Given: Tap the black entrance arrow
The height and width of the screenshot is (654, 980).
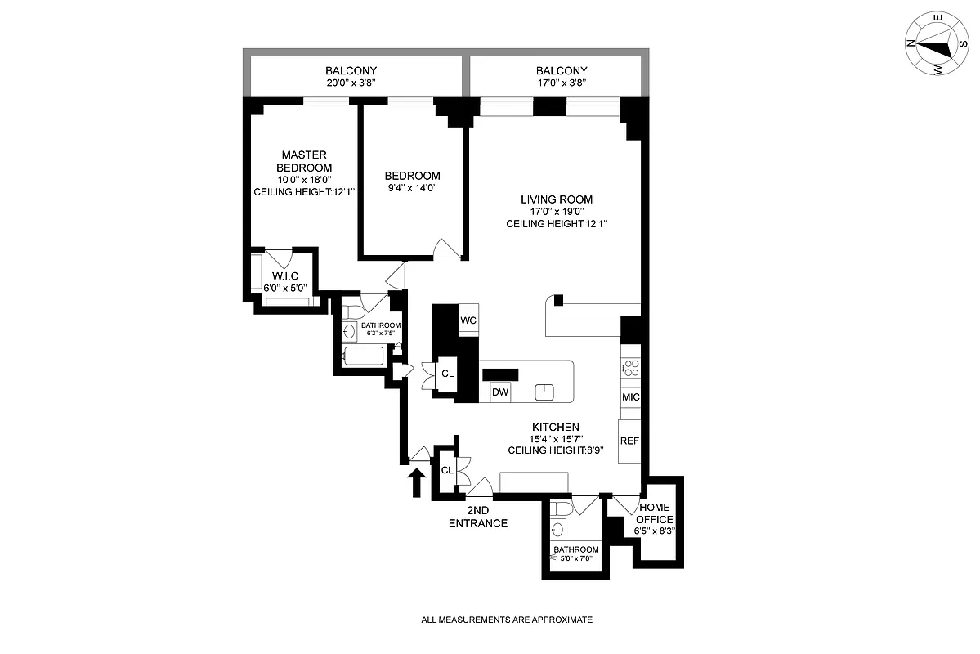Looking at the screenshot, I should tap(416, 482).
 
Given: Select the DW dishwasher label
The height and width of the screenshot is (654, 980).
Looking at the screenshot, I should tap(500, 392).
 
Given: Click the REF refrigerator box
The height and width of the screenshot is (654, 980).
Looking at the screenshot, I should tap(629, 441).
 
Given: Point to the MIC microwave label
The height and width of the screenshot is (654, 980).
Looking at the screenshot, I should tap(630, 397).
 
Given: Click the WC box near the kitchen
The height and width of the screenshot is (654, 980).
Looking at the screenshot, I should tap(468, 320).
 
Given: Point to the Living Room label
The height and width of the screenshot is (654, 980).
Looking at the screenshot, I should tap(557, 199).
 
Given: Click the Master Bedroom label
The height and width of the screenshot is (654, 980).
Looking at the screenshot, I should tap(304, 161).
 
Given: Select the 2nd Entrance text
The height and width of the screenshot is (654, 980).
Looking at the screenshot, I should tap(478, 517).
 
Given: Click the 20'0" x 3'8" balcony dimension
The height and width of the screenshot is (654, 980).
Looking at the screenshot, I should tap(351, 83).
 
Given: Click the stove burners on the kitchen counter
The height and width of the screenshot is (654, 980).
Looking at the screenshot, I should tap(630, 369).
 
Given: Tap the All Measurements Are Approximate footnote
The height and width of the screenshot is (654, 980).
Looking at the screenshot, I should tap(507, 620).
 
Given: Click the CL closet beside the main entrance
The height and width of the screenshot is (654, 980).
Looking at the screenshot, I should tap(447, 471).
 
